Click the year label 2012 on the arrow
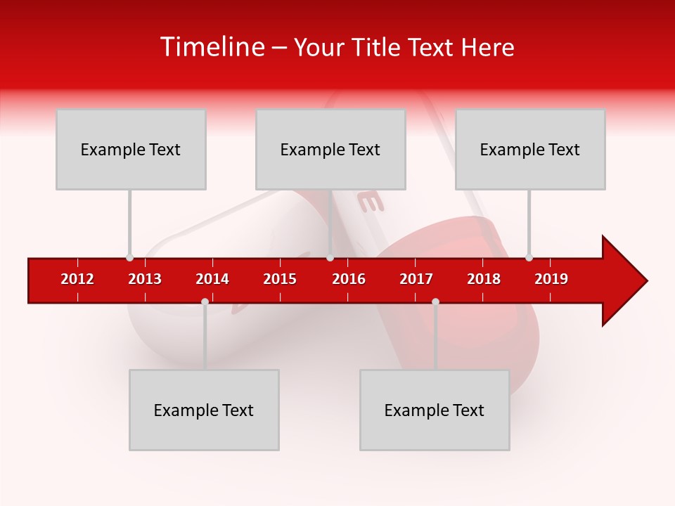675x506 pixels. point(77,279)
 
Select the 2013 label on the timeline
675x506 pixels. point(145,279)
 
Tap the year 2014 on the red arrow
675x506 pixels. point(212,279)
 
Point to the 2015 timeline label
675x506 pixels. point(280,279)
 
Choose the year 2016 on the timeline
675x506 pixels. point(349,279)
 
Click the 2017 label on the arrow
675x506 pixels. point(416,279)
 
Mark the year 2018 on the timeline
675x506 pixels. point(484,279)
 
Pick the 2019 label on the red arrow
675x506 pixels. point(551,279)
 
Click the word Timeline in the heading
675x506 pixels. point(211,47)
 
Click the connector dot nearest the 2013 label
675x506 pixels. point(129,258)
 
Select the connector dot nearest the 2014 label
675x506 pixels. point(205,301)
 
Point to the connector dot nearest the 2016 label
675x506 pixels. point(330,258)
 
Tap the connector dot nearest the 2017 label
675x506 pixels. point(435,301)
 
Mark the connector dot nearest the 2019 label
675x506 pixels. point(529,258)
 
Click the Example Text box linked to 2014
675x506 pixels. point(204,410)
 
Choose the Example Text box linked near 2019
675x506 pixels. point(530,149)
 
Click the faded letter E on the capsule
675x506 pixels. point(371,202)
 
